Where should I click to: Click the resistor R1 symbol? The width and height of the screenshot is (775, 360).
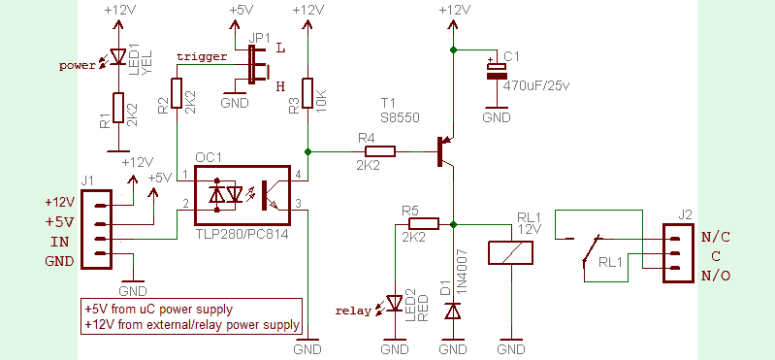coord(116,109)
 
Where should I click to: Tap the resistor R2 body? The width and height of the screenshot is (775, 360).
coord(177,94)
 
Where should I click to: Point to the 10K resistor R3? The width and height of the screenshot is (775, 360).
coord(307,94)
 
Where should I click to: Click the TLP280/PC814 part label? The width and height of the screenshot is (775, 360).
coord(242,234)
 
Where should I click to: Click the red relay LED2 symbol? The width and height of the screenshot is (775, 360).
coord(396,304)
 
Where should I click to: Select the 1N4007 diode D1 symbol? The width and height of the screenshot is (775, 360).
coord(452,311)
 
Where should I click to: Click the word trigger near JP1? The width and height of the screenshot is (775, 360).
coord(202,56)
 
